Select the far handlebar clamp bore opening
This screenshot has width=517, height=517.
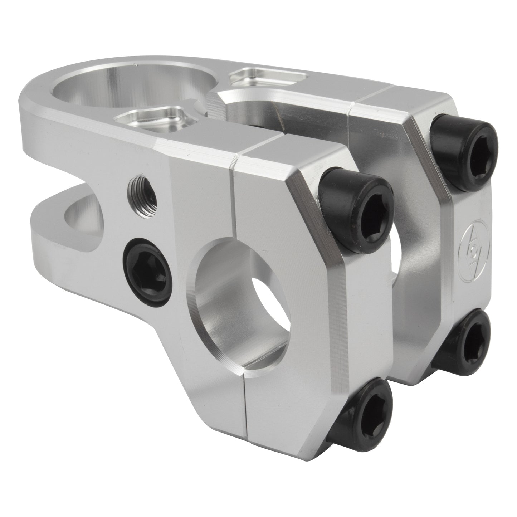pos(395,250)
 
